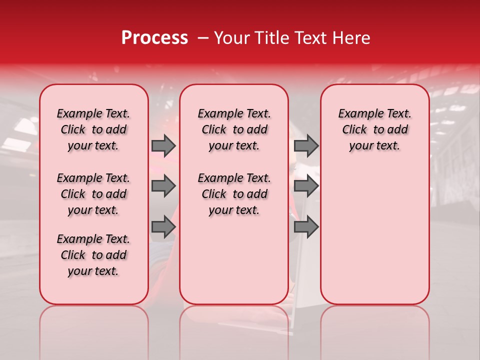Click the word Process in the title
pyautogui.click(x=154, y=38)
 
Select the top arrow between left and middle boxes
pyautogui.click(x=163, y=145)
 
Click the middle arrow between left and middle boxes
pyautogui.click(x=163, y=186)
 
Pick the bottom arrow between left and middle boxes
pyautogui.click(x=163, y=227)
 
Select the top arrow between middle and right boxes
pyautogui.click(x=306, y=145)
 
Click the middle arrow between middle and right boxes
pyautogui.click(x=306, y=186)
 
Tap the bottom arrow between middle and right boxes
pyautogui.click(x=306, y=227)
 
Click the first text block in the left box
pyautogui.click(x=93, y=129)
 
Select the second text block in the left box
pyautogui.click(x=93, y=194)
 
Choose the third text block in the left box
pyautogui.click(x=93, y=255)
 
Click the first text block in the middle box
pyautogui.click(x=234, y=129)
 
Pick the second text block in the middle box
pyautogui.click(x=234, y=194)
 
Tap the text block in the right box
pyautogui.click(x=374, y=129)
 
